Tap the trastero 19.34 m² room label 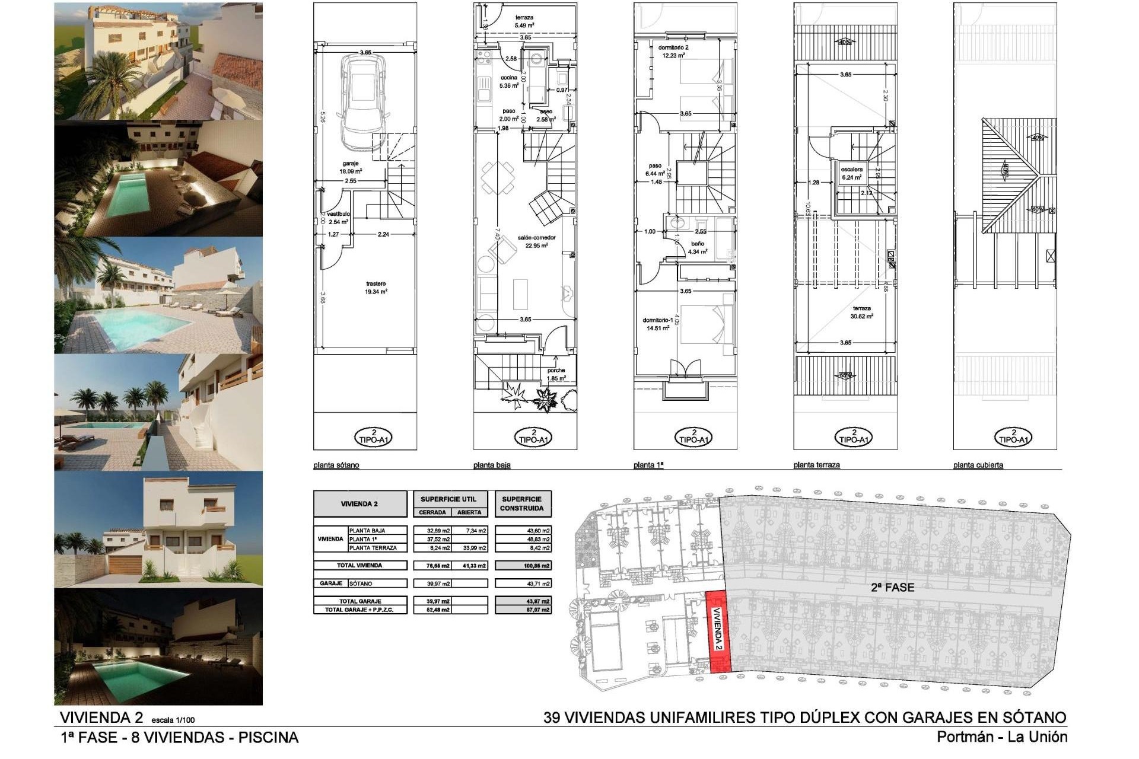[x=376, y=288]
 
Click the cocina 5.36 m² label [x=509, y=81]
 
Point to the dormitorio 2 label [x=673, y=51]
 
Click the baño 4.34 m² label [x=698, y=247]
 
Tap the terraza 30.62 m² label [x=862, y=312]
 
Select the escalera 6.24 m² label [x=852, y=173]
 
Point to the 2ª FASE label [x=892, y=587]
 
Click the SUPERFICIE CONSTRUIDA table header [x=521, y=503]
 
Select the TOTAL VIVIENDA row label [x=360, y=565]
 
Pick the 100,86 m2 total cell [x=523, y=566]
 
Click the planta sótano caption [x=336, y=465]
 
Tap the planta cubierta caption [x=978, y=465]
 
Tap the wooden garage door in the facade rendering [x=125, y=565]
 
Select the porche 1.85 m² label [x=556, y=374]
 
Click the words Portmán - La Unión [x=1001, y=737]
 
